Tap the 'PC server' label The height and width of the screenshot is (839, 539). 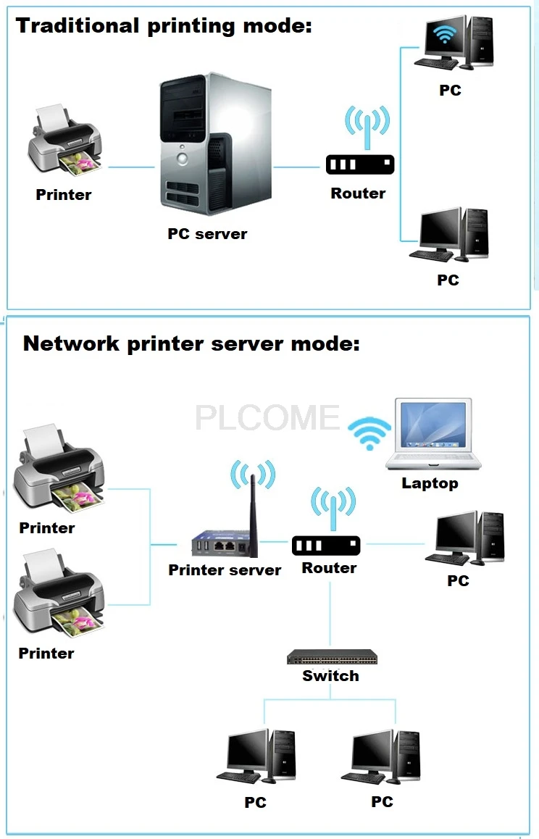pos(207,234)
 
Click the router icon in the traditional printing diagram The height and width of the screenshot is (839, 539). pos(360,164)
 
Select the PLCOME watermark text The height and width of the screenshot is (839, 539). pos(267,418)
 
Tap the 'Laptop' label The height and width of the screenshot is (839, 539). pos(430,483)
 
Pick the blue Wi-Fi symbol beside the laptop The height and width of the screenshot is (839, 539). pos(369,433)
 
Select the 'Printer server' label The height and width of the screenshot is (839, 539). pos(225,570)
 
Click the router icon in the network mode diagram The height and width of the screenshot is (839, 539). pos(326,545)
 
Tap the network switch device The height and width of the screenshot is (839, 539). pos(332,658)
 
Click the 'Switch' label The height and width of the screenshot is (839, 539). pos(330,676)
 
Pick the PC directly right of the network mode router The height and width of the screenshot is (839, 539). pos(468,538)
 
